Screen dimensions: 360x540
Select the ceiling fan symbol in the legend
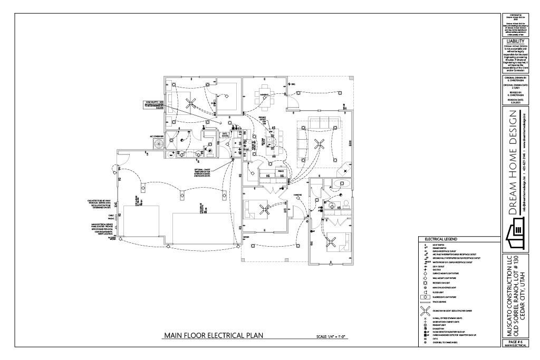[x=423, y=310]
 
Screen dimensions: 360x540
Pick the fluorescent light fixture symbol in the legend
[x=423, y=297]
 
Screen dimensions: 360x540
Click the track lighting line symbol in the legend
[x=423, y=302]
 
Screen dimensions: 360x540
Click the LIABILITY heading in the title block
[x=515, y=41]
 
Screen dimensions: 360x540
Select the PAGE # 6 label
[x=515, y=342]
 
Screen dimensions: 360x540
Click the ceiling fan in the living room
[x=318, y=141]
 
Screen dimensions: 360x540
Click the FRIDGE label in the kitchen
[x=281, y=171]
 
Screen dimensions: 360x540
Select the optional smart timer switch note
[x=201, y=172]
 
